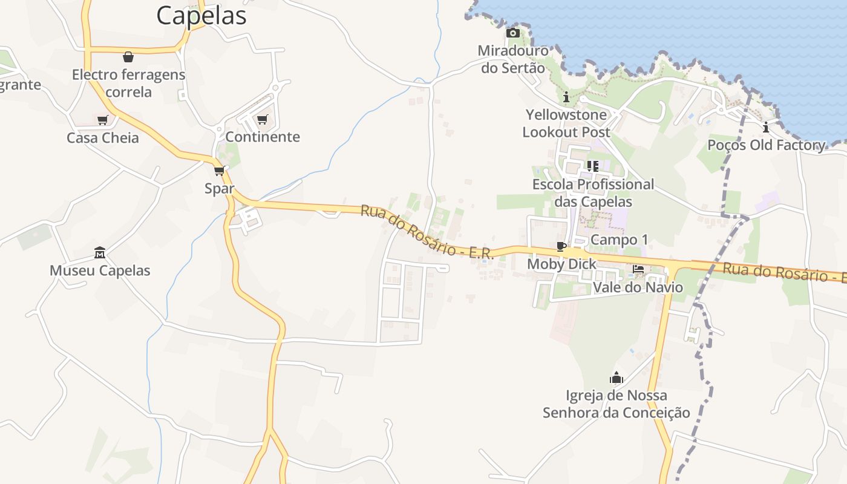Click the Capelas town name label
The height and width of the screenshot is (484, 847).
(201, 15)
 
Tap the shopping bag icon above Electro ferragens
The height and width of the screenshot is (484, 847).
(128, 57)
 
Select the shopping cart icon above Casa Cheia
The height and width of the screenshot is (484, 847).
(103, 120)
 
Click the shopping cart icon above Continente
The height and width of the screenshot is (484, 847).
(262, 119)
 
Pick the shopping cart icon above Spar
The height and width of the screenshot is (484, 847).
(219, 171)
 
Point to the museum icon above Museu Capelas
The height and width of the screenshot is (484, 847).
(100, 252)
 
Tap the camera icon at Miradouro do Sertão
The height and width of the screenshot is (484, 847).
(512, 33)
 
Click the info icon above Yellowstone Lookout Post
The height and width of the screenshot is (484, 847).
(566, 97)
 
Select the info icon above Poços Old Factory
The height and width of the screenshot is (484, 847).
(766, 127)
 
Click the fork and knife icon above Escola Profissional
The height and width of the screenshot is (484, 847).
(593, 166)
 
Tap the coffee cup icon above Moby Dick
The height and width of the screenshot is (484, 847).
(561, 246)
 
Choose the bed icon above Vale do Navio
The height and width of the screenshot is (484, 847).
(638, 269)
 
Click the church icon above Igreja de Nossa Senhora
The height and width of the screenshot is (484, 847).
(616, 378)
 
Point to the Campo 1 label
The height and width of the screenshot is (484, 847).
(619, 240)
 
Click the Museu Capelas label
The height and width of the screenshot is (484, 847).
(100, 270)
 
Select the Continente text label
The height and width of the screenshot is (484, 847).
(263, 137)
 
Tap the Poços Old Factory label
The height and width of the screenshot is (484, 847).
(767, 145)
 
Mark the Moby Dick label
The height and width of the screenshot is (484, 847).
(561, 264)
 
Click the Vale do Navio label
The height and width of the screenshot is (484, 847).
(638, 287)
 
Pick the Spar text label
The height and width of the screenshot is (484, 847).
(219, 188)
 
